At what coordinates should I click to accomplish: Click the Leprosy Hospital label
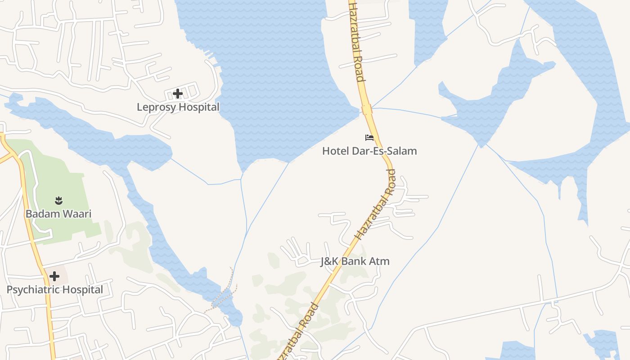click(178, 107)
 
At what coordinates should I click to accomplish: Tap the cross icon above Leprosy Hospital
click(178, 94)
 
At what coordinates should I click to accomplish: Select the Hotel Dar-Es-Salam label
click(369, 151)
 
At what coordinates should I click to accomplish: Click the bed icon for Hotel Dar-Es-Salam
click(369, 137)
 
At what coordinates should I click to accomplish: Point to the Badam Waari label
click(58, 214)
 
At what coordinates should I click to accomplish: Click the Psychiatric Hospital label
click(55, 290)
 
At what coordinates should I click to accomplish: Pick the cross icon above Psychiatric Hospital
click(54, 276)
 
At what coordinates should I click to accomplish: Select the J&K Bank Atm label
click(355, 261)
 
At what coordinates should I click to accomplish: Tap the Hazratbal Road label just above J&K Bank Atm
click(375, 205)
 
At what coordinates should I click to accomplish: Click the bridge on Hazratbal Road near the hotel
click(367, 109)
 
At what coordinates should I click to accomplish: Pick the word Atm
click(380, 261)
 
